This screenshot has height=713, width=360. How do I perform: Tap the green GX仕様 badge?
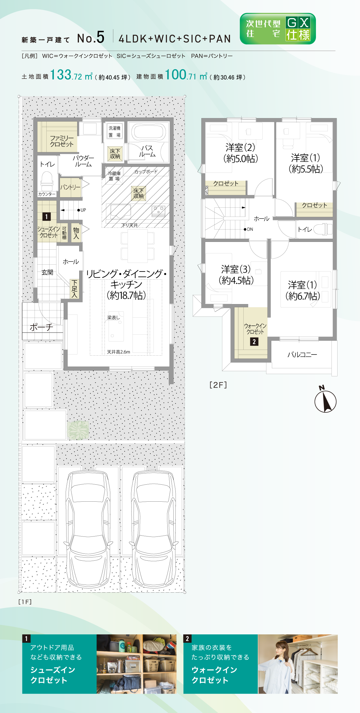click(278, 29)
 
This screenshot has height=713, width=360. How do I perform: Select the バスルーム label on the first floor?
click(147, 151)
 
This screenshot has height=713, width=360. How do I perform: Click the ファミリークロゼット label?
click(62, 141)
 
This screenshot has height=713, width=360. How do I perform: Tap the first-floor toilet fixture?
click(47, 181)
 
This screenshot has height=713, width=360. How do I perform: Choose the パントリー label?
click(70, 187)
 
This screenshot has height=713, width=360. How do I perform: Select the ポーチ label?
click(41, 327)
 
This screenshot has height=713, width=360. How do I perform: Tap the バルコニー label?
click(302, 355)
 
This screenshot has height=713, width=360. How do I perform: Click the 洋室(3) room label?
click(236, 269)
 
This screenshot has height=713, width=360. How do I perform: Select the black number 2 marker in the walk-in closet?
click(254, 342)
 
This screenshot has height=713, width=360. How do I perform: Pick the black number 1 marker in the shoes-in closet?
click(46, 217)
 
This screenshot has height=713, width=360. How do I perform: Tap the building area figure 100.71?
click(181, 75)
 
